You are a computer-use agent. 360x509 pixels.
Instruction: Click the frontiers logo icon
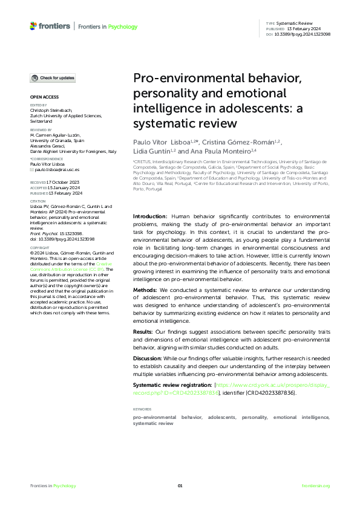coord(33,26)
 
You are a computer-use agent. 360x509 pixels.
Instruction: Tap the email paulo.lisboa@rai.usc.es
coord(58,170)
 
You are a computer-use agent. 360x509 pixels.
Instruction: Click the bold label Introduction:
coord(150,216)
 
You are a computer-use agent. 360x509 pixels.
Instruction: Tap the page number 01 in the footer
coord(180,486)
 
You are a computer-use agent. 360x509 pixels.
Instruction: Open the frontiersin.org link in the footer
coord(315,486)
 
